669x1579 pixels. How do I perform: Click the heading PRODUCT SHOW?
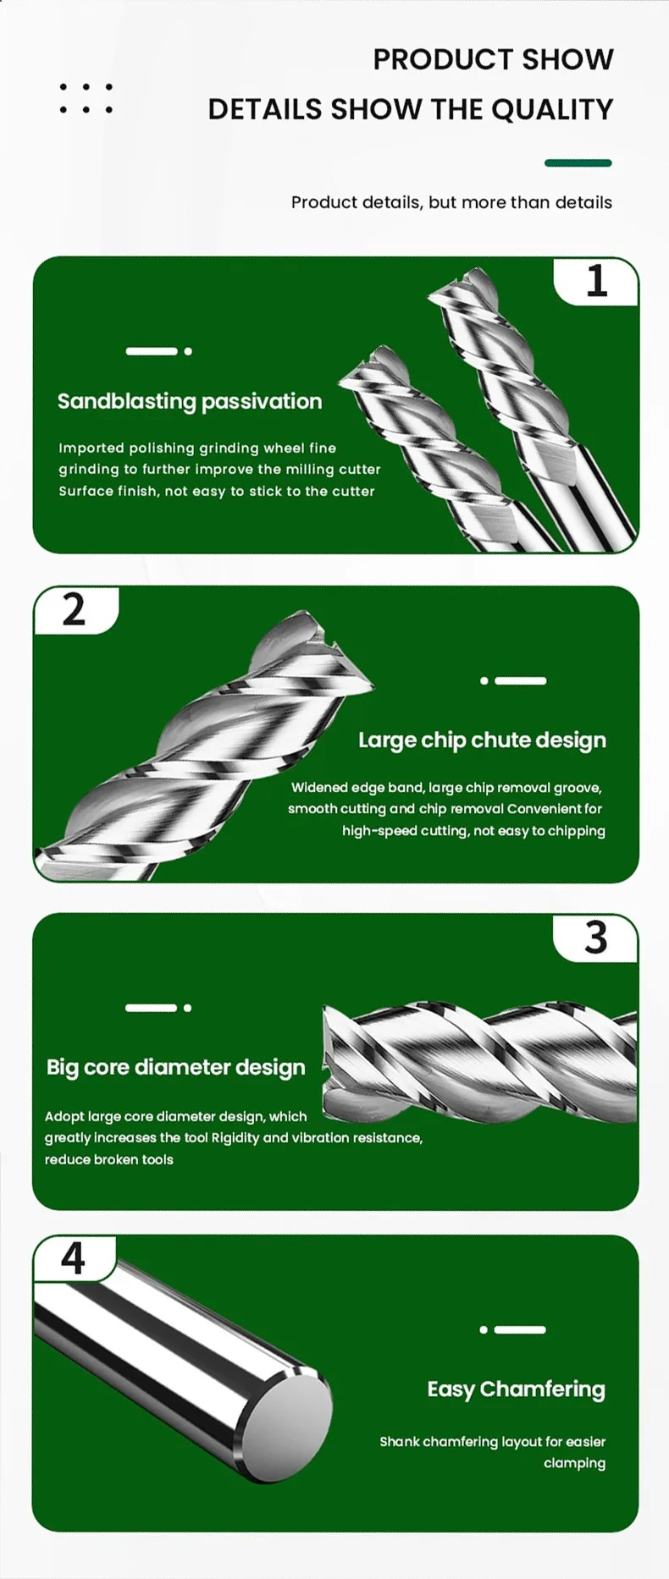point(493,59)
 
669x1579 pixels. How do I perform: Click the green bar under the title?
point(578,163)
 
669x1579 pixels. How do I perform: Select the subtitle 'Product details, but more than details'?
point(451,202)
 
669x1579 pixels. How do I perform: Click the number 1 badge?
point(597,281)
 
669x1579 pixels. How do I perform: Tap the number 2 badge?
point(75,609)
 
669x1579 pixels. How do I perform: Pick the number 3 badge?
point(596,938)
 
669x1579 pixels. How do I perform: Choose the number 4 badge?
point(73,1258)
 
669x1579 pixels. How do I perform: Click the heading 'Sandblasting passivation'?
point(190,401)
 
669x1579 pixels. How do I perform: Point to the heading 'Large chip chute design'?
point(482,740)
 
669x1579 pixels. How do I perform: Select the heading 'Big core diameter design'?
point(176,1067)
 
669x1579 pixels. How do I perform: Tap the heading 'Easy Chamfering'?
point(517,1389)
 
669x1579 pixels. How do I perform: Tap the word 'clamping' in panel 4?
point(575,1463)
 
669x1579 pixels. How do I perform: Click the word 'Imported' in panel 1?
point(91,448)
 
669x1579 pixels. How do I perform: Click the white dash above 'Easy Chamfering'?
point(512,1329)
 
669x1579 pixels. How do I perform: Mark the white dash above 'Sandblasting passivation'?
point(159,351)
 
